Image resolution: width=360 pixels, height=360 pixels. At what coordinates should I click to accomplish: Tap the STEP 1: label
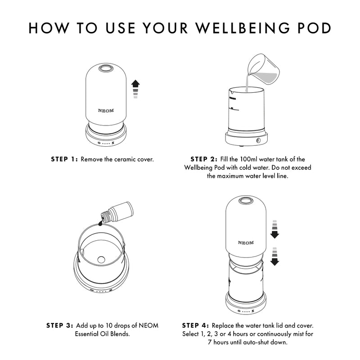(64, 159)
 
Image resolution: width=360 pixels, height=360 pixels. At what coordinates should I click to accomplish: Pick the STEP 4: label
(195, 325)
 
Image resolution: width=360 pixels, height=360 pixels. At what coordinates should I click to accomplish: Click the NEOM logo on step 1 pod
(106, 110)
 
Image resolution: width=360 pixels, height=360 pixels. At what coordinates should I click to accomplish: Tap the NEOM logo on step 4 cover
(246, 243)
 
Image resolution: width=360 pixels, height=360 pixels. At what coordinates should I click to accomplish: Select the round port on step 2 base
(259, 141)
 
